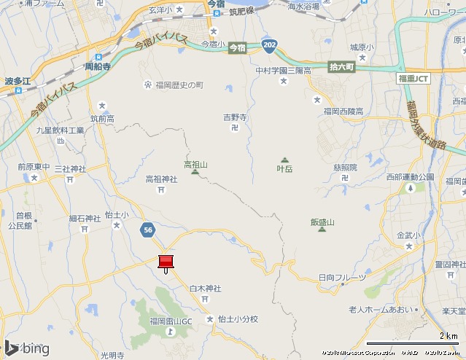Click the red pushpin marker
[x=166, y=262]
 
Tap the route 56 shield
[x=149, y=230]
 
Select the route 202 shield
[x=271, y=44]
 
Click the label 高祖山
[x=195, y=165]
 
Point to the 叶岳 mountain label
[x=284, y=168]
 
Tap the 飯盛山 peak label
[x=322, y=222]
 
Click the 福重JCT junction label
[x=414, y=77]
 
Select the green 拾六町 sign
[x=341, y=66]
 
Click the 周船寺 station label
[x=97, y=66]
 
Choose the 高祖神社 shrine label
[x=161, y=179]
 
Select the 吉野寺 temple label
[x=235, y=117]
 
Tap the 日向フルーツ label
[x=340, y=278]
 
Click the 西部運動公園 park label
[x=410, y=177]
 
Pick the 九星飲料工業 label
[x=61, y=130]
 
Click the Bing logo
[x=26, y=348]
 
